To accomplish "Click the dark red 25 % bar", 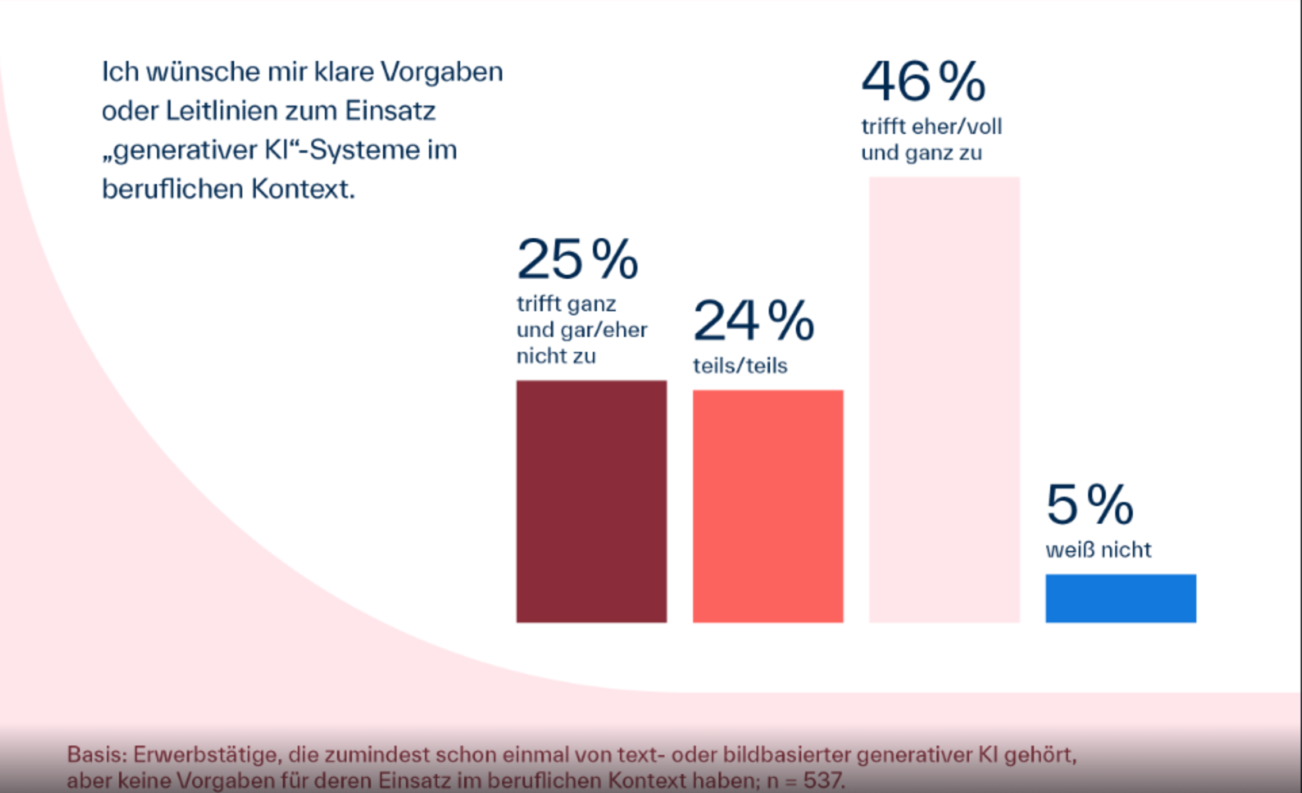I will tap(592, 501).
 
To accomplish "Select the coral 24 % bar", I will tap(768, 506).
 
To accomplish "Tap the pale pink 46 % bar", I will tap(944, 400).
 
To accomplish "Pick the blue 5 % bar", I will tap(1120, 598).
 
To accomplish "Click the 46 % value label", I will tap(923, 82).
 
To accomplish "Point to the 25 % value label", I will tap(577, 259).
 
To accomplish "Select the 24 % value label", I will tap(753, 320).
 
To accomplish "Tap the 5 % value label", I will tap(1089, 504).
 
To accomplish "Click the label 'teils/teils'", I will tap(740, 366).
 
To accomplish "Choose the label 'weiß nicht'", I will tap(1098, 550).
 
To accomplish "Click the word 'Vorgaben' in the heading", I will tap(442, 72).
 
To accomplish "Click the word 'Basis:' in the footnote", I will tap(95, 754).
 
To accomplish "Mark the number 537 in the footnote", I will tap(822, 780).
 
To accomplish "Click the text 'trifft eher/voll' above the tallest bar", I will tap(932, 127).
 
